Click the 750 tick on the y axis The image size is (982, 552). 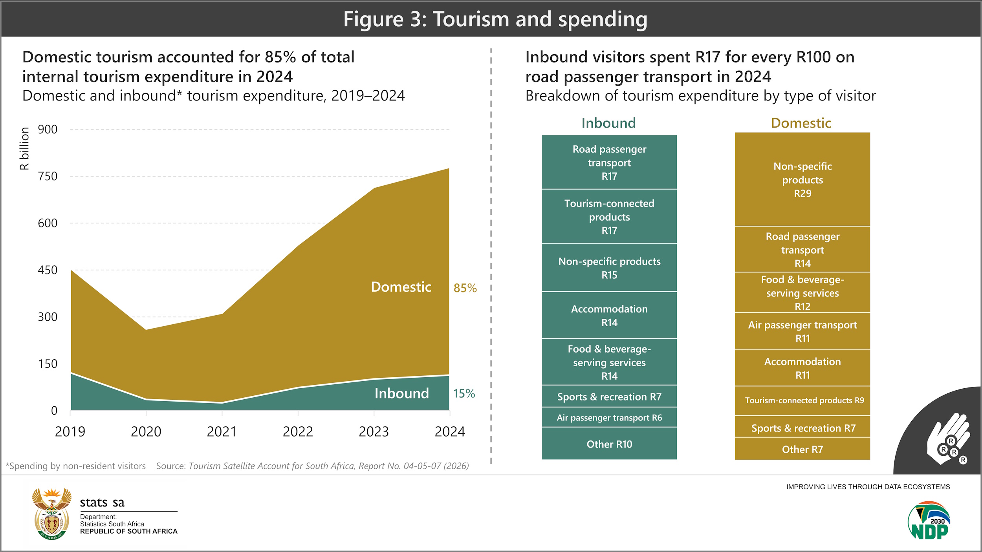(48, 176)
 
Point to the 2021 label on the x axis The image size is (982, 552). (222, 432)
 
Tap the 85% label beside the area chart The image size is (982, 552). (465, 288)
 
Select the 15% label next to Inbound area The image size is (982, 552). (464, 393)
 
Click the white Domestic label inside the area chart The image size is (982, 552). (401, 287)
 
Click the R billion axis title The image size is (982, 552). (24, 148)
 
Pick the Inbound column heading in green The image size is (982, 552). (608, 123)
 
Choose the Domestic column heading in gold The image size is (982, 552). (801, 123)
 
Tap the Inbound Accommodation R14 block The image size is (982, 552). (609, 316)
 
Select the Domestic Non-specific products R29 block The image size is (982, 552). (802, 180)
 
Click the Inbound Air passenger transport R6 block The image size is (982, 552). (609, 418)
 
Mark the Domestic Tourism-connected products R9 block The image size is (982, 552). (802, 400)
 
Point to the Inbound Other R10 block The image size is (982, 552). (609, 444)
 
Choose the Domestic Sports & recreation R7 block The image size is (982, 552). (802, 428)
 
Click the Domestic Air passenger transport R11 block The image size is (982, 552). (802, 331)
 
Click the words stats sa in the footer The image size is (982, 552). (102, 503)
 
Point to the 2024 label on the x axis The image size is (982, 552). (449, 432)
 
